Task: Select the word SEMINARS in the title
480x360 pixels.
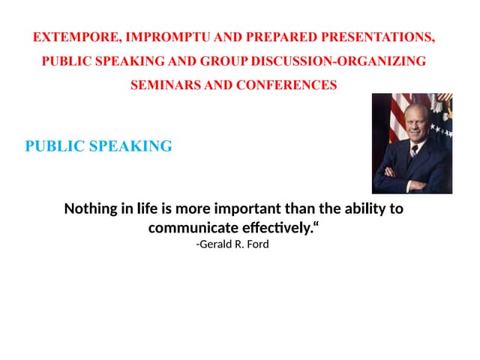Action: point(166,85)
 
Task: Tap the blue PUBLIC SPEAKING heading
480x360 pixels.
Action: point(98,146)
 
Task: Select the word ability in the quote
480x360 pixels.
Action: point(363,208)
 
